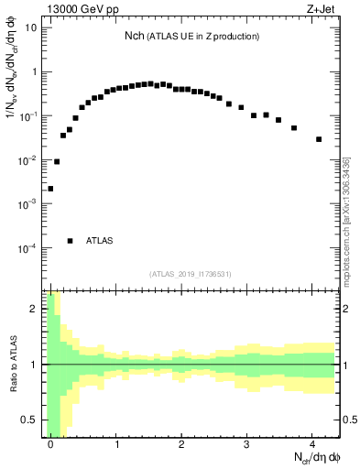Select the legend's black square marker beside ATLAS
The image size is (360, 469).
click(70, 241)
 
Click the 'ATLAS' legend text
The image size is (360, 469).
click(99, 241)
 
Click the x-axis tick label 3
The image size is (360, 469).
click(247, 443)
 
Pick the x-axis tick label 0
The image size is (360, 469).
click(51, 443)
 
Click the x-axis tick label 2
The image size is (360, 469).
click(182, 443)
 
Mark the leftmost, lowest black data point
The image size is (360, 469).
click(50, 189)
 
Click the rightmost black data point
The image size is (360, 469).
click(319, 139)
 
